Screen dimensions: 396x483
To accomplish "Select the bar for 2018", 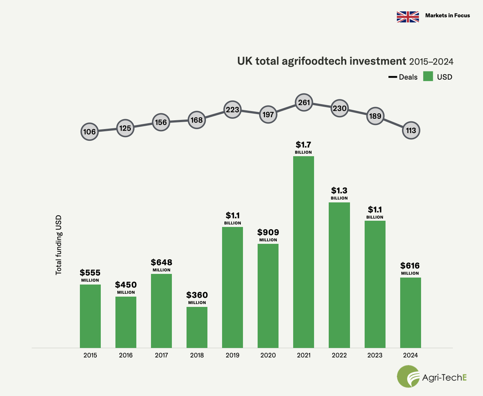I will point(197,327).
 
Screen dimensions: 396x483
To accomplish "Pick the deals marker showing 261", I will point(304,103).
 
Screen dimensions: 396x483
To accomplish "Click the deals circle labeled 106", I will point(89,132).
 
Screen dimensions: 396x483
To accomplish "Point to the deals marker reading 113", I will point(411,131).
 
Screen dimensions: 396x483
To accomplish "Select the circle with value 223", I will point(232,110).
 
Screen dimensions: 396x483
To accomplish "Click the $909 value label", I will point(268,232).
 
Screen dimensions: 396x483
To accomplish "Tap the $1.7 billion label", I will point(303,145).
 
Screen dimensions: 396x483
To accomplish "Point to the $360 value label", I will point(197,295).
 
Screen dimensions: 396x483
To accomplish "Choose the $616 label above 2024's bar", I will point(410,266).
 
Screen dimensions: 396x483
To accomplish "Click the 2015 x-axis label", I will point(90,355).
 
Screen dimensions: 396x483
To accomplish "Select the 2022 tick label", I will point(339,355).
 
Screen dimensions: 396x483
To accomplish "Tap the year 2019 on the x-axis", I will point(232,355).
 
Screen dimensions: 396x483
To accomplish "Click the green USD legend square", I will point(428,76).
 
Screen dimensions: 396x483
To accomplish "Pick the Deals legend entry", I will point(403,77).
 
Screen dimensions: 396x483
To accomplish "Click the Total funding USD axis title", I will point(59,245).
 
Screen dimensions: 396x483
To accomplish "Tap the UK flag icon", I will point(408,17).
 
